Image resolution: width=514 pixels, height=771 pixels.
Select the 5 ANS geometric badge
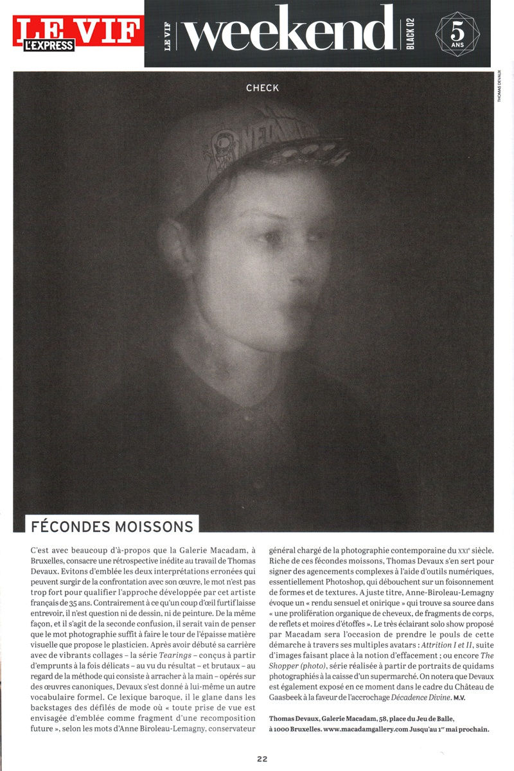[456, 34]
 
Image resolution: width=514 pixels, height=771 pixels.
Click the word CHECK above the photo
[262, 87]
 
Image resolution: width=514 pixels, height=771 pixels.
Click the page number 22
[262, 758]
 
